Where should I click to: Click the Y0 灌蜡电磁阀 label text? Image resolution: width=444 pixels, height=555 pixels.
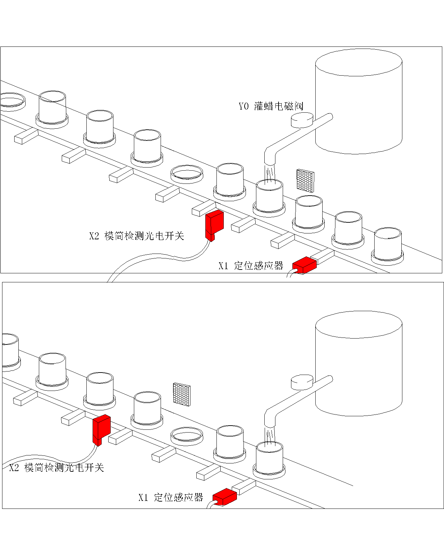click(271, 106)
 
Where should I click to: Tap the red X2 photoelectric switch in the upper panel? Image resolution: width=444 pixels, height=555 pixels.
click(214, 225)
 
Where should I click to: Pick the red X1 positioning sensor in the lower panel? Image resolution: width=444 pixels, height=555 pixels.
click(224, 497)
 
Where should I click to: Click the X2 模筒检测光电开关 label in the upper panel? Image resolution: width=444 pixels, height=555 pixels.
click(136, 236)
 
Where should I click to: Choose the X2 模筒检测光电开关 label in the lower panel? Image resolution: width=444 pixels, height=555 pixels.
click(57, 468)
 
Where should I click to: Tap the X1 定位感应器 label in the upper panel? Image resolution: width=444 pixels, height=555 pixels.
click(251, 266)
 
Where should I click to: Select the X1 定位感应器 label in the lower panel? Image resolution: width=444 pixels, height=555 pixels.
click(171, 497)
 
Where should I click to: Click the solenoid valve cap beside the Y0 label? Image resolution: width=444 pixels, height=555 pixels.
click(301, 120)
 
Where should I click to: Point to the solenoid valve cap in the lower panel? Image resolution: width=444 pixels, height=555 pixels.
click(301, 382)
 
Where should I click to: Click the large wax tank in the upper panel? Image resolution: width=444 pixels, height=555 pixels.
click(359, 104)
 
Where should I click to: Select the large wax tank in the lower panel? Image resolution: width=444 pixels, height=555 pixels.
click(359, 364)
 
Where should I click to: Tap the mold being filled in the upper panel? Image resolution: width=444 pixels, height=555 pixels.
click(269, 198)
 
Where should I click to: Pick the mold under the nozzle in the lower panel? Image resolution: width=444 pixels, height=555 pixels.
click(269, 460)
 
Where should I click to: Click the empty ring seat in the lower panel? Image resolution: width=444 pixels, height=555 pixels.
click(187, 436)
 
